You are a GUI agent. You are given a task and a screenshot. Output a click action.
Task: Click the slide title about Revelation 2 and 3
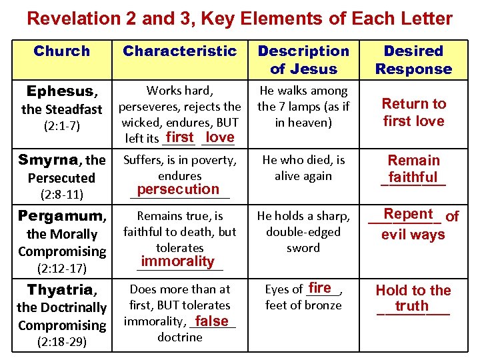pyautogui.click(x=239, y=18)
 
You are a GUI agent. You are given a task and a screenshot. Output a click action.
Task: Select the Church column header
pyautogui.click(x=61, y=51)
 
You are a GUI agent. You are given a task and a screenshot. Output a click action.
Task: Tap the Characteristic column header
pyautogui.click(x=180, y=51)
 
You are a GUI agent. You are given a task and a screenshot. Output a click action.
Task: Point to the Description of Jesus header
pyautogui.click(x=303, y=60)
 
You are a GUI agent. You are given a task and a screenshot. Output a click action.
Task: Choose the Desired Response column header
pyautogui.click(x=413, y=60)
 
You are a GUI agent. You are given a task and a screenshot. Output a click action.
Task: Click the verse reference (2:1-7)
pyautogui.click(x=61, y=126)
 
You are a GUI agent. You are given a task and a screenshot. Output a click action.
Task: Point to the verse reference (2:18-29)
pyautogui.click(x=61, y=343)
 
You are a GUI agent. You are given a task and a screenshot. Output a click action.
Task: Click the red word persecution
pyautogui.click(x=178, y=189)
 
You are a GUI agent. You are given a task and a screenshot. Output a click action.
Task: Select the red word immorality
pyautogui.click(x=178, y=261)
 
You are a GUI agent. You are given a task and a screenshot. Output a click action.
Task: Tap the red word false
pyautogui.click(x=212, y=321)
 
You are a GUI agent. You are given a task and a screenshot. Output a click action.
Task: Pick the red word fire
pyautogui.click(x=320, y=288)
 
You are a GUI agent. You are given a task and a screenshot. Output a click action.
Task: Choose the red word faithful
pyautogui.click(x=413, y=177)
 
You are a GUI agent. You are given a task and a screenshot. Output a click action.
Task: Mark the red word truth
pyautogui.click(x=411, y=306)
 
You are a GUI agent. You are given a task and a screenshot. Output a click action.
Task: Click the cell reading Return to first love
pyautogui.click(x=413, y=113)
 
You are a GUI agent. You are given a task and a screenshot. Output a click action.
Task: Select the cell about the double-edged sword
pyautogui.click(x=303, y=232)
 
